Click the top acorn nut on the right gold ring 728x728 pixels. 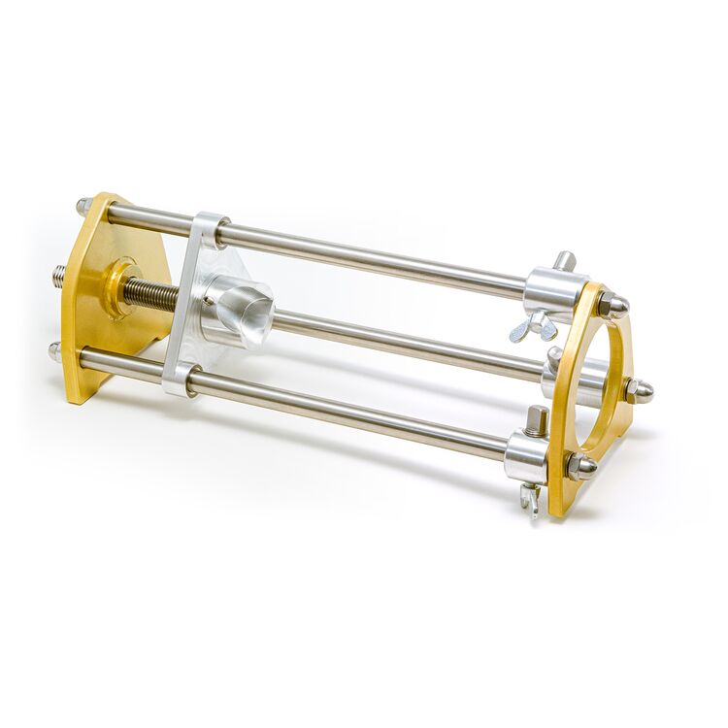pos(612,307)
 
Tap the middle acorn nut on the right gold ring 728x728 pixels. pos(638,390)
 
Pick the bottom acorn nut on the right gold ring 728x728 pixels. pos(580,466)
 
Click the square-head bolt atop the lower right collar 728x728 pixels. pos(536,420)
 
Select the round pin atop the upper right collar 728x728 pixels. pos(564,260)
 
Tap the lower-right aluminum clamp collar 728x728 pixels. pos(525,456)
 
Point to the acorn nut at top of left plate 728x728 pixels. pos(84,206)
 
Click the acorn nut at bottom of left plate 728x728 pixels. pos(56,350)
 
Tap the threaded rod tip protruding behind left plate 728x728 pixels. pos(59,276)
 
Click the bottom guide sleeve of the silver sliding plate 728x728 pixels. pos(182,379)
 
